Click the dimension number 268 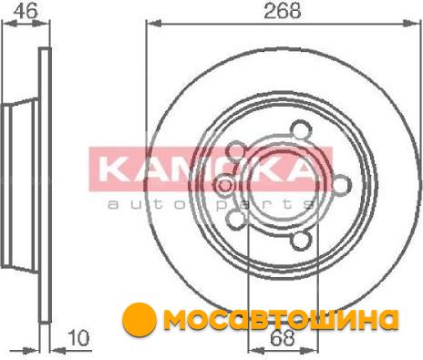(283, 11)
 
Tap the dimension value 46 (26, 10)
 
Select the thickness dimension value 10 (79, 338)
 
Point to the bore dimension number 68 (283, 338)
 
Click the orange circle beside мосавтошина (139, 319)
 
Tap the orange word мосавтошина (281, 319)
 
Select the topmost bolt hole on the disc (301, 130)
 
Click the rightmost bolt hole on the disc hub (341, 185)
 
